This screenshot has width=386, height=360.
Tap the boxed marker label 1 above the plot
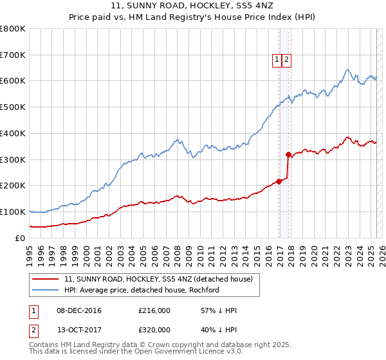[277, 60]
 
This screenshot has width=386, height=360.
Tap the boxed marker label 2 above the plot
[286, 60]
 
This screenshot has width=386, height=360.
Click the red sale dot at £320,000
[288, 154]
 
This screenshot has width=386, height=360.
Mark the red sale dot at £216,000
[279, 181]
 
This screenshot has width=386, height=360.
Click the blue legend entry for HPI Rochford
[142, 290]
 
